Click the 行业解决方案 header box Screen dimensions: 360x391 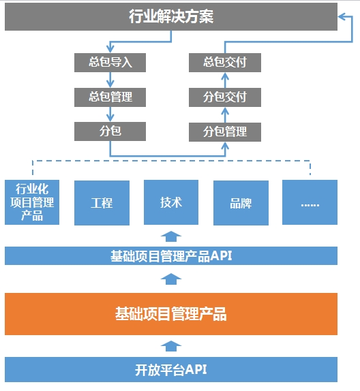[171, 17]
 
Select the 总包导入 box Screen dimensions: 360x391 [110, 63]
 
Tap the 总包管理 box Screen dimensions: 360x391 [110, 97]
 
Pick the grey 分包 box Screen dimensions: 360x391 [110, 131]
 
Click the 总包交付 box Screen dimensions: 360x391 [225, 63]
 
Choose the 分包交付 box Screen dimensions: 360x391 [225, 97]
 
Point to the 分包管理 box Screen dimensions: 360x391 [225, 132]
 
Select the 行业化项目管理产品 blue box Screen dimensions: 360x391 [32, 202]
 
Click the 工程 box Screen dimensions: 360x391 [102, 203]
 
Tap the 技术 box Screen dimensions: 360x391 [171, 202]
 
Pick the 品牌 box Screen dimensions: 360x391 [241, 203]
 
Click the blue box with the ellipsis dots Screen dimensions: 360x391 [310, 202]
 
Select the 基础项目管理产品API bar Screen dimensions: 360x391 [171, 256]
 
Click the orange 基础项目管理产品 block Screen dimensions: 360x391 [171, 314]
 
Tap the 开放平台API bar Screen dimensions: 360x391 [171, 370]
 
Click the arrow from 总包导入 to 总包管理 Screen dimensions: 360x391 [110, 80]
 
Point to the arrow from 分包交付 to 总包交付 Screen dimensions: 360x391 [225, 80]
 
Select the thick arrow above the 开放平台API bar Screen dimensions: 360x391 [171, 346]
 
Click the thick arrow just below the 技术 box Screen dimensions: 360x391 [171, 236]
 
